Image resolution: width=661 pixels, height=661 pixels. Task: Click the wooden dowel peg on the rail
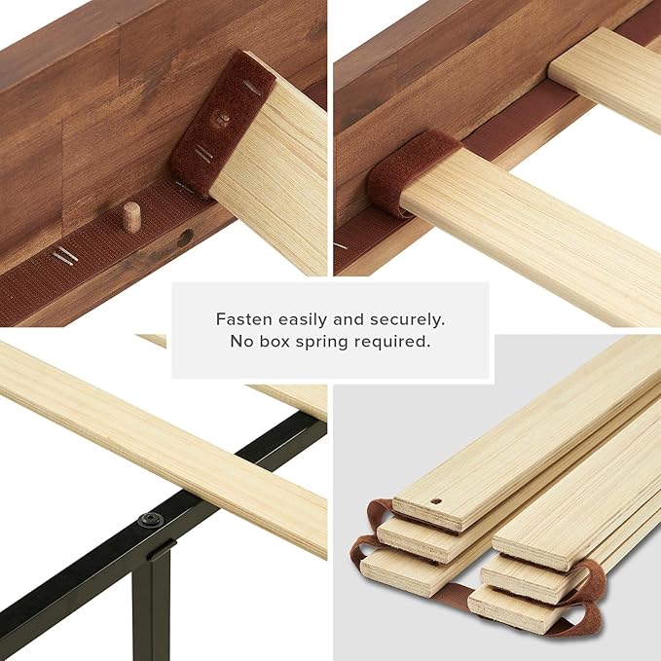[130, 216]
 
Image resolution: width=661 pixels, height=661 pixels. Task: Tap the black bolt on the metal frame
[150, 520]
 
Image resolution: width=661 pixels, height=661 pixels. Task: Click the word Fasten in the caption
[242, 318]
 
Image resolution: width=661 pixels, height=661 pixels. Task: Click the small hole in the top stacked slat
[434, 504]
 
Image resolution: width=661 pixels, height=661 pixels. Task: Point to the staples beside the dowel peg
[64, 256]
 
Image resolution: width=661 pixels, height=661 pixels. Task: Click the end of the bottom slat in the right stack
[506, 605]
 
